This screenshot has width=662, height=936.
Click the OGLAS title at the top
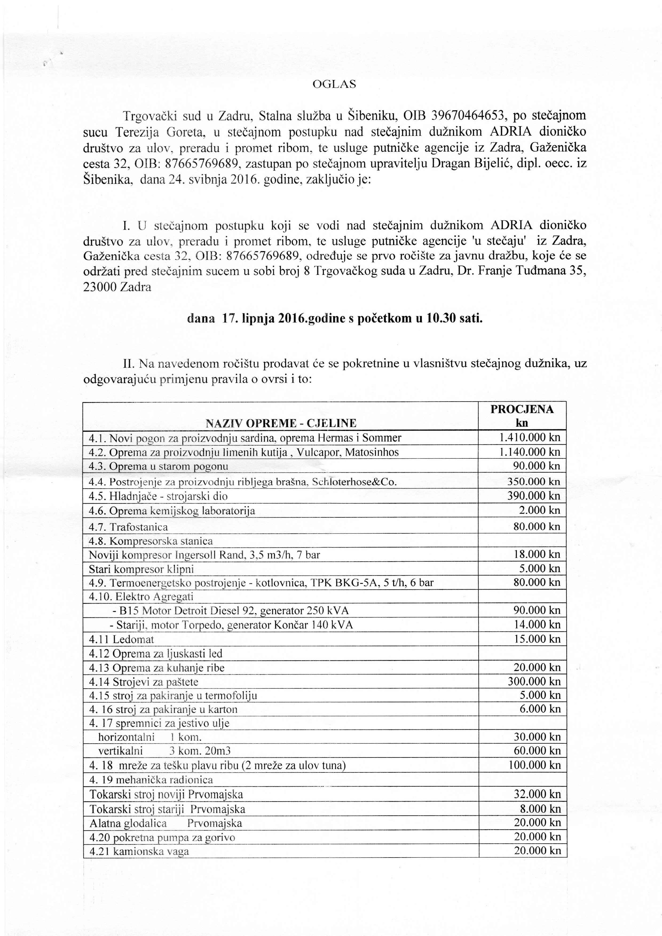click(334, 84)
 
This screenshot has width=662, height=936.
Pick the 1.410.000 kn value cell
click(529, 438)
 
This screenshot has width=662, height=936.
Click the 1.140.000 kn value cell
click(529, 452)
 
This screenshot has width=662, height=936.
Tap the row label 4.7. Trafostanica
click(128, 527)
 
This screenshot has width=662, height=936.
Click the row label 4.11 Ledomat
click(121, 639)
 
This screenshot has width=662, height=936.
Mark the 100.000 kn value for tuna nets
click(534, 765)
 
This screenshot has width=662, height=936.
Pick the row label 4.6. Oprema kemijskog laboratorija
click(172, 511)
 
